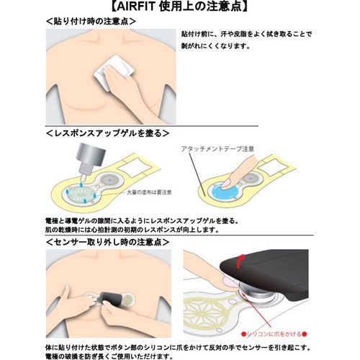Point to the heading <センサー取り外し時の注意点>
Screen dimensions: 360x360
click(107, 243)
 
